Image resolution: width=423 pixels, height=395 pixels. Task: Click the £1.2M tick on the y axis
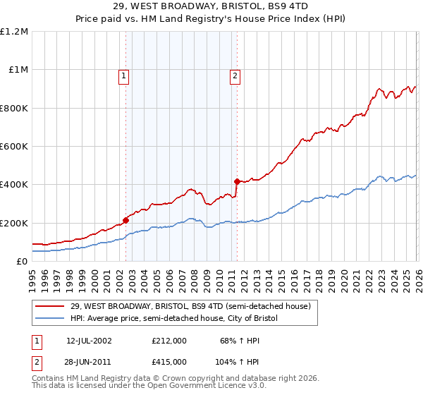click(14, 32)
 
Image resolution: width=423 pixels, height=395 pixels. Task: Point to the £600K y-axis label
click(14, 147)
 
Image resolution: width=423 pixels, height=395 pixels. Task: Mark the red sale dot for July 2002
click(125, 220)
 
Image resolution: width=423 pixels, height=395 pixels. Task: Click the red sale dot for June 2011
click(237, 181)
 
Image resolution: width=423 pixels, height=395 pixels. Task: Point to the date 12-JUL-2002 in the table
click(89, 341)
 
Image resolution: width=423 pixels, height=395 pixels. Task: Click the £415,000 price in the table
click(169, 362)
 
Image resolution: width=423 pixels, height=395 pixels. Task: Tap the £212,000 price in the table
click(169, 341)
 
